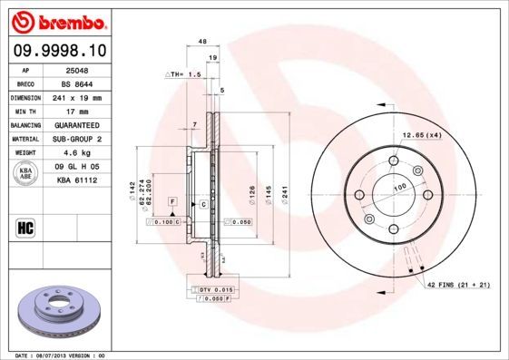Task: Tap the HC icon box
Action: coord(26,227)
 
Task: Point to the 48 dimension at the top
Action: coord(202,42)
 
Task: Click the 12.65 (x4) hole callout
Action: coord(421,135)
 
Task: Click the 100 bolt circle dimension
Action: coord(397,187)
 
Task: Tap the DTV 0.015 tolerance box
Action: coord(210,288)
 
